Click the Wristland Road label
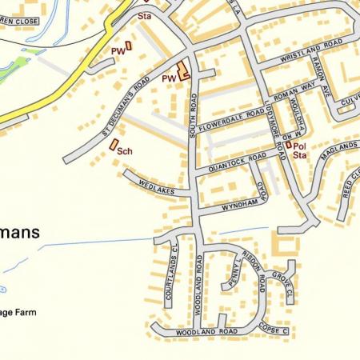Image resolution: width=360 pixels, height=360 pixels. [x=311, y=50]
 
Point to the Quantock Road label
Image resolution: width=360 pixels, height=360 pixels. [x=235, y=162]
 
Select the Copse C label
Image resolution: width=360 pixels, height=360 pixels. [x=274, y=330]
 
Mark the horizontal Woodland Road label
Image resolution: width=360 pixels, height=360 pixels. [x=207, y=330]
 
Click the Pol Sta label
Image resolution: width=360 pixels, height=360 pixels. [x=299, y=150]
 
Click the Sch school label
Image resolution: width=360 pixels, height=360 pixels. [x=124, y=150]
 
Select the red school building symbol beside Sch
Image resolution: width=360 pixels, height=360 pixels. [x=113, y=145]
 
